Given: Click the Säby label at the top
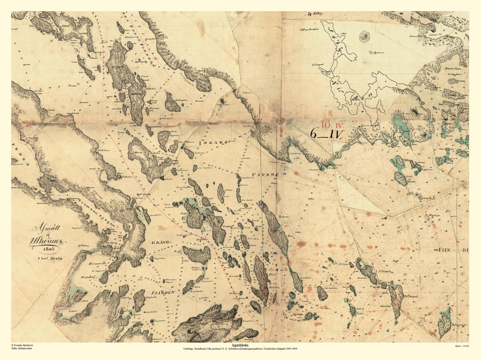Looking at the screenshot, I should tap(318, 14).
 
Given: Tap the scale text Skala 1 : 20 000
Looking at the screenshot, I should tap(462, 346).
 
